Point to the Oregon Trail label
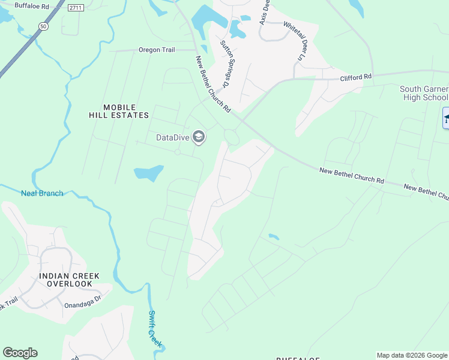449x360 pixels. coord(157,50)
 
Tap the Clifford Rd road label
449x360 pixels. coord(356,77)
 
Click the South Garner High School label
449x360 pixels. coord(424,93)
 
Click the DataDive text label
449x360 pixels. coord(173,137)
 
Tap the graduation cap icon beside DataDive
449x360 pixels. coord(199,137)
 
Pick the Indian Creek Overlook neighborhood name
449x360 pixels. coord(69,280)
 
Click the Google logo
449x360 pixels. coord(20,353)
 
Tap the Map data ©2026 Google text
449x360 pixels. coord(411,355)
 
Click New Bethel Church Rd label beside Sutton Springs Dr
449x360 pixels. coord(213,85)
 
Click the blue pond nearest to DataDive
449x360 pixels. coord(148,173)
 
